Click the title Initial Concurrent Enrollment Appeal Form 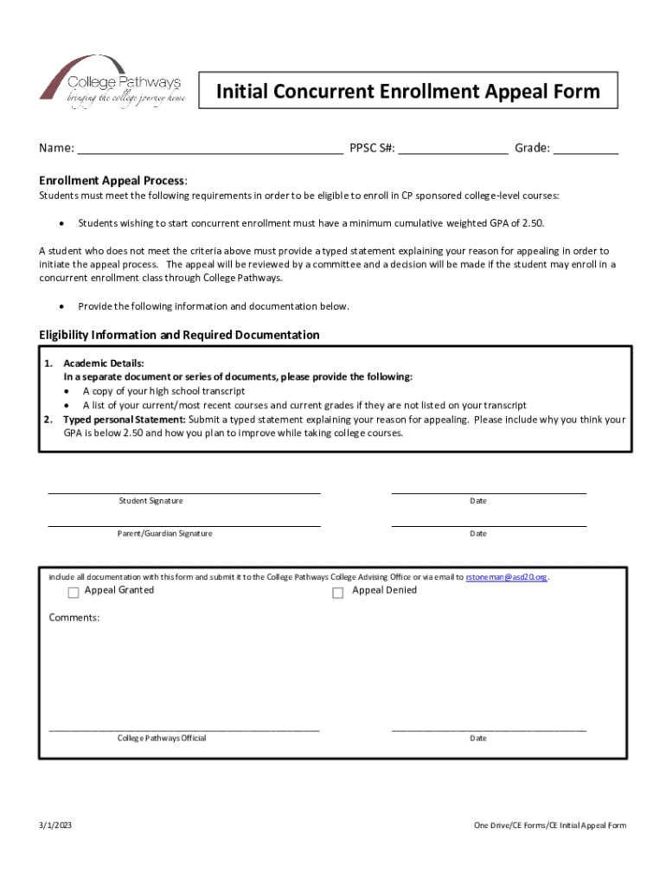[x=407, y=92]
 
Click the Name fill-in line [x=210, y=149]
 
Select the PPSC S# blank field [x=453, y=149]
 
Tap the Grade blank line [x=586, y=149]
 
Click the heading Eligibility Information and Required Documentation [x=179, y=335]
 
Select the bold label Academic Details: [x=104, y=363]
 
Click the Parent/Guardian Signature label [x=164, y=534]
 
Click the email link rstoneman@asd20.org [x=507, y=577]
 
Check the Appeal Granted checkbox [x=74, y=593]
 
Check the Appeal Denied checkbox [x=338, y=593]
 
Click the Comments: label [x=74, y=618]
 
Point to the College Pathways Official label [x=162, y=738]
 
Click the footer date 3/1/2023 [x=55, y=826]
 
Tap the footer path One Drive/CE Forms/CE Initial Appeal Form [x=549, y=826]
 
